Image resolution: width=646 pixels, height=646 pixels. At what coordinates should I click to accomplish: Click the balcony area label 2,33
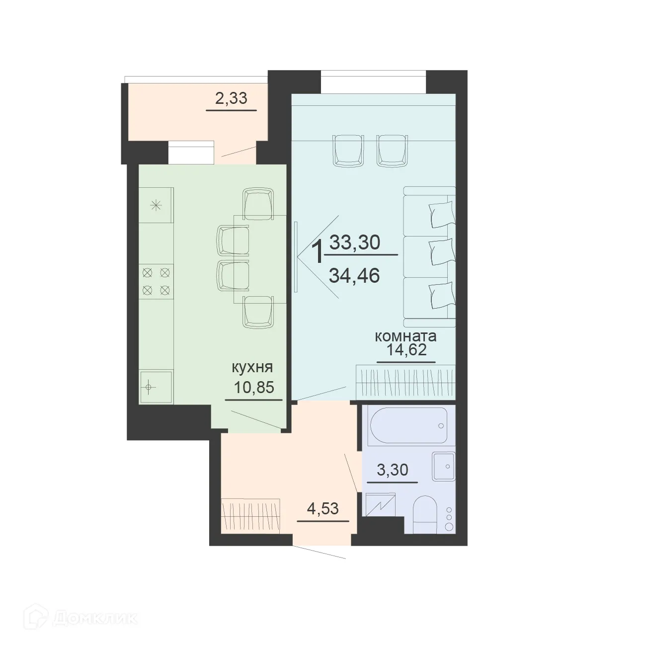click(x=231, y=98)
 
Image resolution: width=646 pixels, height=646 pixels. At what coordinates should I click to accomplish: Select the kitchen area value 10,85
click(x=254, y=387)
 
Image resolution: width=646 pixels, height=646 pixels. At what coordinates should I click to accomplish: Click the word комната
click(x=405, y=336)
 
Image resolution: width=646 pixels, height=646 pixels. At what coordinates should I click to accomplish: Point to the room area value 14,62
click(x=406, y=351)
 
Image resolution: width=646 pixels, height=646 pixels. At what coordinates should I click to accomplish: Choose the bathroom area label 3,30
click(x=393, y=470)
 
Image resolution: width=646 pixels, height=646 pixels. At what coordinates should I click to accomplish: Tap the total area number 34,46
click(x=355, y=275)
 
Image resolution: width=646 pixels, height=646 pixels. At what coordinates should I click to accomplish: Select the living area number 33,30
click(x=355, y=242)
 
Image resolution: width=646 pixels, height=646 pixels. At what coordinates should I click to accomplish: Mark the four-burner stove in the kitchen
click(x=157, y=281)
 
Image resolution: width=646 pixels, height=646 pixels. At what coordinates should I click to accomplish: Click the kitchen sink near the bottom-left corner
click(x=156, y=386)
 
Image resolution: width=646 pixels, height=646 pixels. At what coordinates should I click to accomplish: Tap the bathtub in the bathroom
click(x=409, y=426)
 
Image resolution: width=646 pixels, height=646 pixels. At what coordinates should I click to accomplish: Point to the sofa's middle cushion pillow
click(x=441, y=252)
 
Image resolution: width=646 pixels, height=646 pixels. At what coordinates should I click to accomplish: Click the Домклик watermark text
click(x=94, y=618)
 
